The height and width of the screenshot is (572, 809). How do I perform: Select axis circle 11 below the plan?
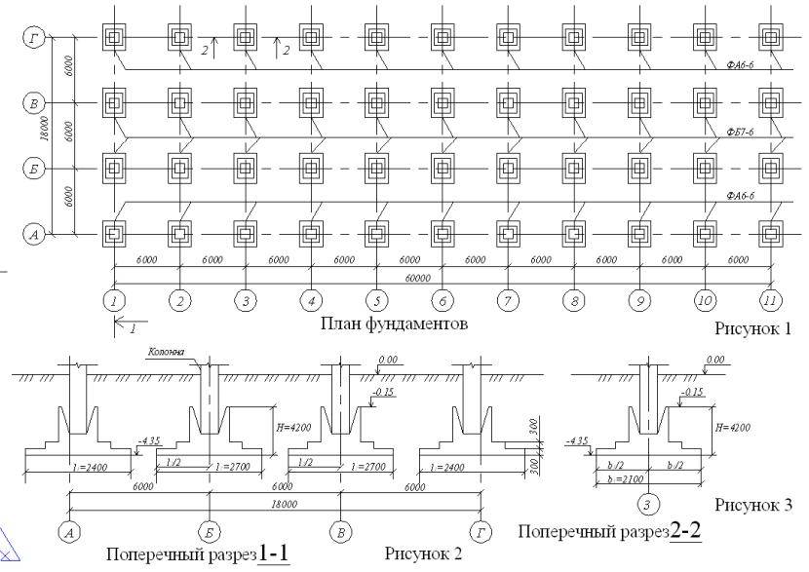771,301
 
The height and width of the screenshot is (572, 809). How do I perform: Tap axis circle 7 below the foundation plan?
508,301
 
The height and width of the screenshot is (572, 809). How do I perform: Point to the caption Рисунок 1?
754,328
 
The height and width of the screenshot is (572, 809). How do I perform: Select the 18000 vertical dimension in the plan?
39,134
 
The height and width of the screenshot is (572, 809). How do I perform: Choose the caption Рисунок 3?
753,505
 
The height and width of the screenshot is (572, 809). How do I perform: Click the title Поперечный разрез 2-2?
611,532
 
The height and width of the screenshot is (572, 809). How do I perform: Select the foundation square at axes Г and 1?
114,38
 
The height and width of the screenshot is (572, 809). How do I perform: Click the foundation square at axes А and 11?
771,235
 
